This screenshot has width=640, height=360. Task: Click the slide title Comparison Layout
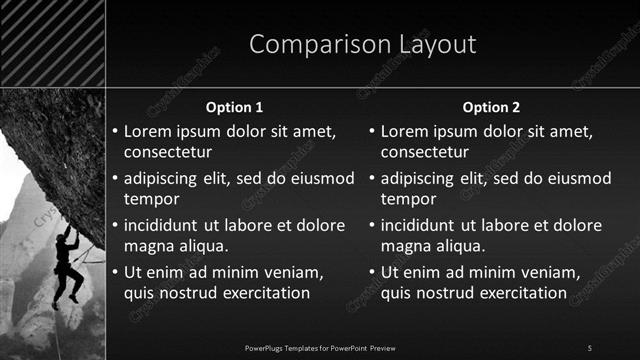click(362, 45)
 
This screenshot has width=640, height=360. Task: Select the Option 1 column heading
click(234, 107)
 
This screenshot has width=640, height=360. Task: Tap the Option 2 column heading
click(492, 107)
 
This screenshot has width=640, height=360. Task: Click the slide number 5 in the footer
click(589, 347)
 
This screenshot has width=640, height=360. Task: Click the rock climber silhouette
click(68, 262)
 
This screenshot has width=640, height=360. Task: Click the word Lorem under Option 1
click(147, 131)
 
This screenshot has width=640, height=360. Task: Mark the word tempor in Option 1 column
click(150, 198)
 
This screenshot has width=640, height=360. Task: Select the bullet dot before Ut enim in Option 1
click(115, 272)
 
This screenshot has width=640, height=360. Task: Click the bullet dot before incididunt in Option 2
click(373, 225)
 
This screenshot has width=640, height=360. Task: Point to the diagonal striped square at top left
click(53, 43)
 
